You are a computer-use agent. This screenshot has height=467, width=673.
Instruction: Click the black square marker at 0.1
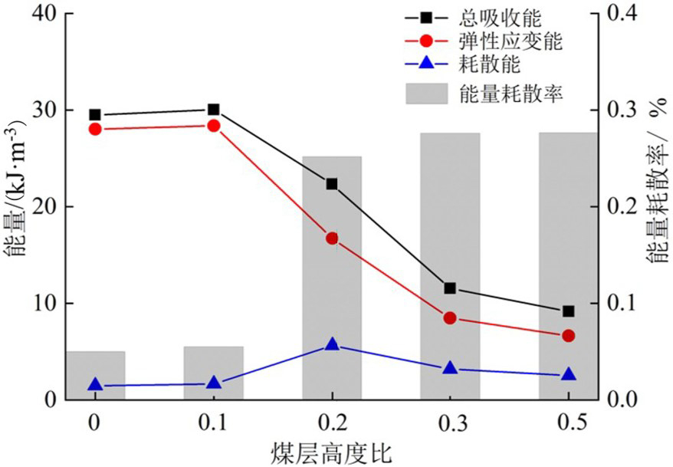tap(213, 110)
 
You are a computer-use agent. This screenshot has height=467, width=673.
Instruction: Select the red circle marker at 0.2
tap(332, 238)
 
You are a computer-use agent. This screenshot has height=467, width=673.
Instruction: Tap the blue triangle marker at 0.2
tap(332, 344)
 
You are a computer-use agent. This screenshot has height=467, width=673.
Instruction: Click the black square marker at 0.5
tap(568, 311)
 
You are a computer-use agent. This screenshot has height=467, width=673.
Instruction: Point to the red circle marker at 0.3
tap(450, 317)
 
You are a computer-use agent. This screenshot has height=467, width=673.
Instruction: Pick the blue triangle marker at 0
tap(95, 385)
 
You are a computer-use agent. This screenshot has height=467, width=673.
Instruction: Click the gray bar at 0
tap(95, 375)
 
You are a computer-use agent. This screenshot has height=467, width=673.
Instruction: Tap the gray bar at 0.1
tap(213, 373)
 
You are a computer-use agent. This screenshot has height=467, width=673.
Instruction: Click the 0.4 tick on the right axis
tap(622, 14)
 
